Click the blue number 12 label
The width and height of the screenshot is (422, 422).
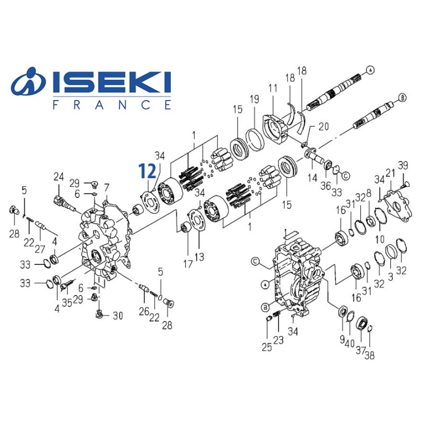[147, 170]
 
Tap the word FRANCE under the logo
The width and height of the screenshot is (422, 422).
[112, 104]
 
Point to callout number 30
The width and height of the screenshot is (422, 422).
[118, 316]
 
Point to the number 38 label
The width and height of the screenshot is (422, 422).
[369, 355]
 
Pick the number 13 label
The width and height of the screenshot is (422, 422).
[199, 260]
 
